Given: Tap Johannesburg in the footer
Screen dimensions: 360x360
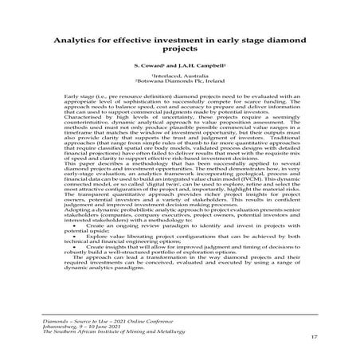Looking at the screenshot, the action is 62,324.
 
